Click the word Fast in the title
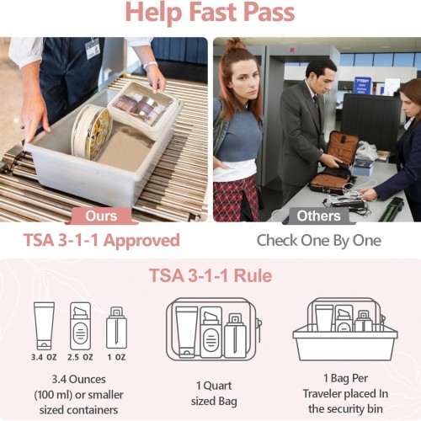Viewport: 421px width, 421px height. (x=212, y=12)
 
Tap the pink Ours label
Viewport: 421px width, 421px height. (x=101, y=216)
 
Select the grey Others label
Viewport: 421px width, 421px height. (x=319, y=216)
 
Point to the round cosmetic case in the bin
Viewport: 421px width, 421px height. (x=92, y=131)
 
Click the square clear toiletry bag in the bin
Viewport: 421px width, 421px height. (x=143, y=110)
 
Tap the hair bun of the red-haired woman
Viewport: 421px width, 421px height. (x=235, y=45)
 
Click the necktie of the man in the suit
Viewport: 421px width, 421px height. (x=317, y=106)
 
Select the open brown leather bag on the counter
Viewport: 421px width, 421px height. (x=335, y=163)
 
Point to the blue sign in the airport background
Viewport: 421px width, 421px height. (x=362, y=85)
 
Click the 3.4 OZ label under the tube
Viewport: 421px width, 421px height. (x=44, y=357)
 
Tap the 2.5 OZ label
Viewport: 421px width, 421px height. (x=80, y=357)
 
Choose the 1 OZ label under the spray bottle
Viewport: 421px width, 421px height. (x=116, y=357)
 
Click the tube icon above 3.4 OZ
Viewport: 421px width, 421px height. (x=44, y=326)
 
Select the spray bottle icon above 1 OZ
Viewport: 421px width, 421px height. (x=116, y=328)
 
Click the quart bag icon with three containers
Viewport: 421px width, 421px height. (x=214, y=329)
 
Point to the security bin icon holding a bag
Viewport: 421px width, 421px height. (x=345, y=329)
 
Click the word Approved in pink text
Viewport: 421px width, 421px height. (x=142, y=241)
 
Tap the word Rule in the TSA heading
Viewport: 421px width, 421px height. (x=253, y=275)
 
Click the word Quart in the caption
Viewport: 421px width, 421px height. (x=217, y=386)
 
